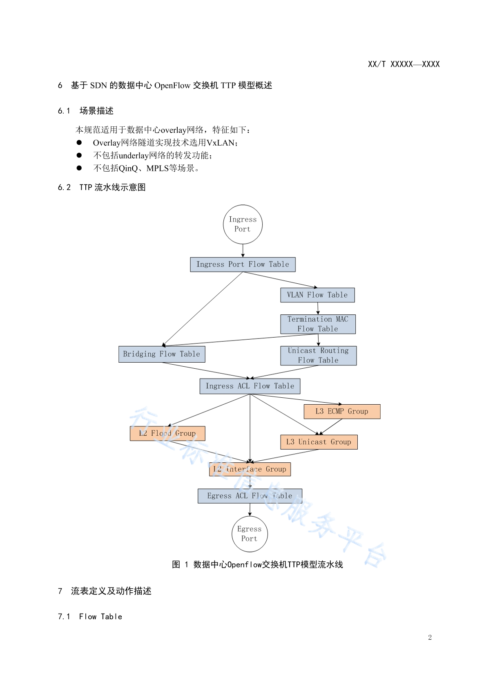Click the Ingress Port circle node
[x=243, y=224]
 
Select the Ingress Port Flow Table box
[x=243, y=264]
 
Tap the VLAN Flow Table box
[x=318, y=295]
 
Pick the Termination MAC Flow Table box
[x=318, y=324]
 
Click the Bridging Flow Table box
[x=162, y=354]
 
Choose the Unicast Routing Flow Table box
[x=319, y=356]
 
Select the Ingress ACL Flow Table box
[x=250, y=386]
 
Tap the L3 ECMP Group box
[x=342, y=412]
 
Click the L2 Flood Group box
[x=167, y=433]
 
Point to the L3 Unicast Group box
[x=319, y=442]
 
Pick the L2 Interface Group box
[x=250, y=469]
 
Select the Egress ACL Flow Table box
[x=250, y=496]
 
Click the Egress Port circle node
[x=250, y=534]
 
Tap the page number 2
[x=430, y=637]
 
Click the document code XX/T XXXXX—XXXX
[x=404, y=64]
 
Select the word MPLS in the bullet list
[x=158, y=168]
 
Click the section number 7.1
[x=64, y=616]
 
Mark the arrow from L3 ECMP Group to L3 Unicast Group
[x=330, y=427]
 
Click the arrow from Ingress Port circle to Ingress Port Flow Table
[x=243, y=251]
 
